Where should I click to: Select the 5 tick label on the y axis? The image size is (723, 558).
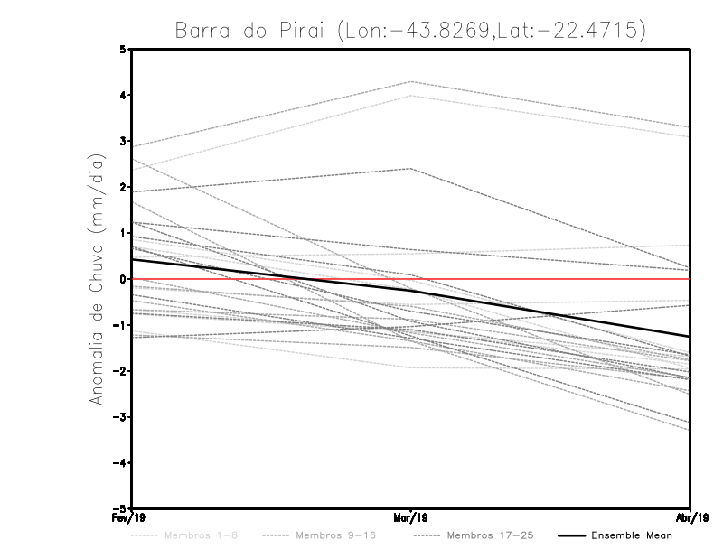pyautogui.click(x=123, y=50)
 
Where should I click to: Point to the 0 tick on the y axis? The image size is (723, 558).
pyautogui.click(x=123, y=279)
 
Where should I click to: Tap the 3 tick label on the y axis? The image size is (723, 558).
pyautogui.click(x=123, y=142)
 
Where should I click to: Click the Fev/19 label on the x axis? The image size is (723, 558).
pyautogui.click(x=132, y=517)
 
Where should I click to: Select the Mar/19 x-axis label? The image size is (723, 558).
pyautogui.click(x=411, y=517)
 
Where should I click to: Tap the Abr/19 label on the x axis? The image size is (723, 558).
pyautogui.click(x=690, y=517)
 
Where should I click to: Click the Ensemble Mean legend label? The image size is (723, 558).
pyautogui.click(x=631, y=535)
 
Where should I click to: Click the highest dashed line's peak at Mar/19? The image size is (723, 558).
pyautogui.click(x=411, y=82)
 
